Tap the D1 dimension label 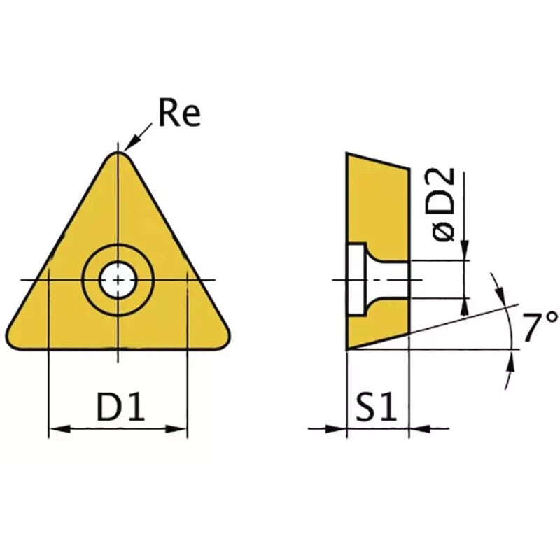[120, 407]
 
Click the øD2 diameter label [445, 205]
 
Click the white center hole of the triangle [118, 280]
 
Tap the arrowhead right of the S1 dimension [418, 428]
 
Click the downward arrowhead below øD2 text [465, 251]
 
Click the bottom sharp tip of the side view [348, 347]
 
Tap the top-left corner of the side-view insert [348, 154]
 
